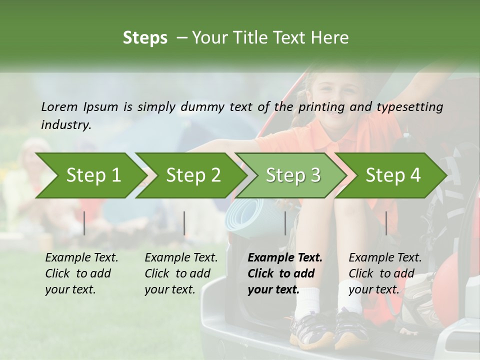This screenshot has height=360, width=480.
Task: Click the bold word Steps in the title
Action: [x=145, y=38]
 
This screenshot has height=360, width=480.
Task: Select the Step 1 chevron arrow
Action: [x=90, y=175]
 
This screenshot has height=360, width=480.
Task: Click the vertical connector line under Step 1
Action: [x=84, y=223]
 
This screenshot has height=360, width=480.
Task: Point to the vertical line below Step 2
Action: [x=184, y=223]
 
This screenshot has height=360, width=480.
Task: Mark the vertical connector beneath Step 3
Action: [x=285, y=223]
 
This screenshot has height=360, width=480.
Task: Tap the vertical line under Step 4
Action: [x=386, y=223]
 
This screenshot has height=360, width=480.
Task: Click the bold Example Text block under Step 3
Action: [x=285, y=273]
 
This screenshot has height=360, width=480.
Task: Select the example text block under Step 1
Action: [x=81, y=273]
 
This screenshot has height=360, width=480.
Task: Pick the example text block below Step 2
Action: [x=181, y=273]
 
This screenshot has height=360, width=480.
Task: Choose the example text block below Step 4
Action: [x=385, y=273]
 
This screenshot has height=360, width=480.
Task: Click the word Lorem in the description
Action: [x=59, y=106]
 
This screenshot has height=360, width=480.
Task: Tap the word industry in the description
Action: [x=65, y=124]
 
